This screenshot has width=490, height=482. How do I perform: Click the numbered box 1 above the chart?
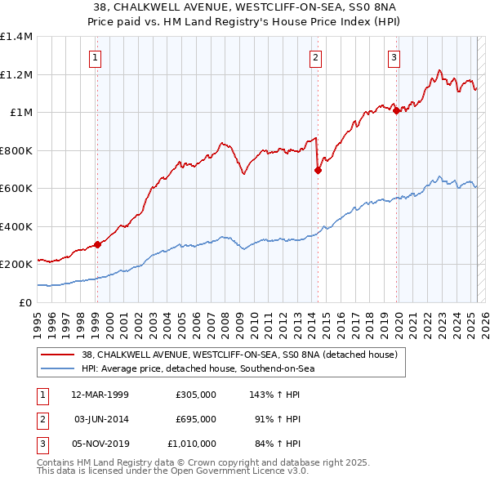point(96,57)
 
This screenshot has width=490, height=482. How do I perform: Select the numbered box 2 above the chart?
point(315,57)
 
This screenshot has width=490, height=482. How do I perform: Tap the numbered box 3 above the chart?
point(394,57)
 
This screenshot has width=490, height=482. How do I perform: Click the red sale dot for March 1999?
point(97,244)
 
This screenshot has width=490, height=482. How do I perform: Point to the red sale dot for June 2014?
point(318,171)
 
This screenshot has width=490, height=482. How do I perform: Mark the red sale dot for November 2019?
point(396,111)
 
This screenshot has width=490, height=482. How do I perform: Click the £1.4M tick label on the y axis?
point(16,37)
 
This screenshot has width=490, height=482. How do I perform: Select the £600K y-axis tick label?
point(16,189)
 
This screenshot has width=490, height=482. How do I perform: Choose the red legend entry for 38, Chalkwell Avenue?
point(239,355)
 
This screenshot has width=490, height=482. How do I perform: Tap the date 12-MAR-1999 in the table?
point(100,394)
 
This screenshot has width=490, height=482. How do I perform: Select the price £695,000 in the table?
point(196,419)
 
